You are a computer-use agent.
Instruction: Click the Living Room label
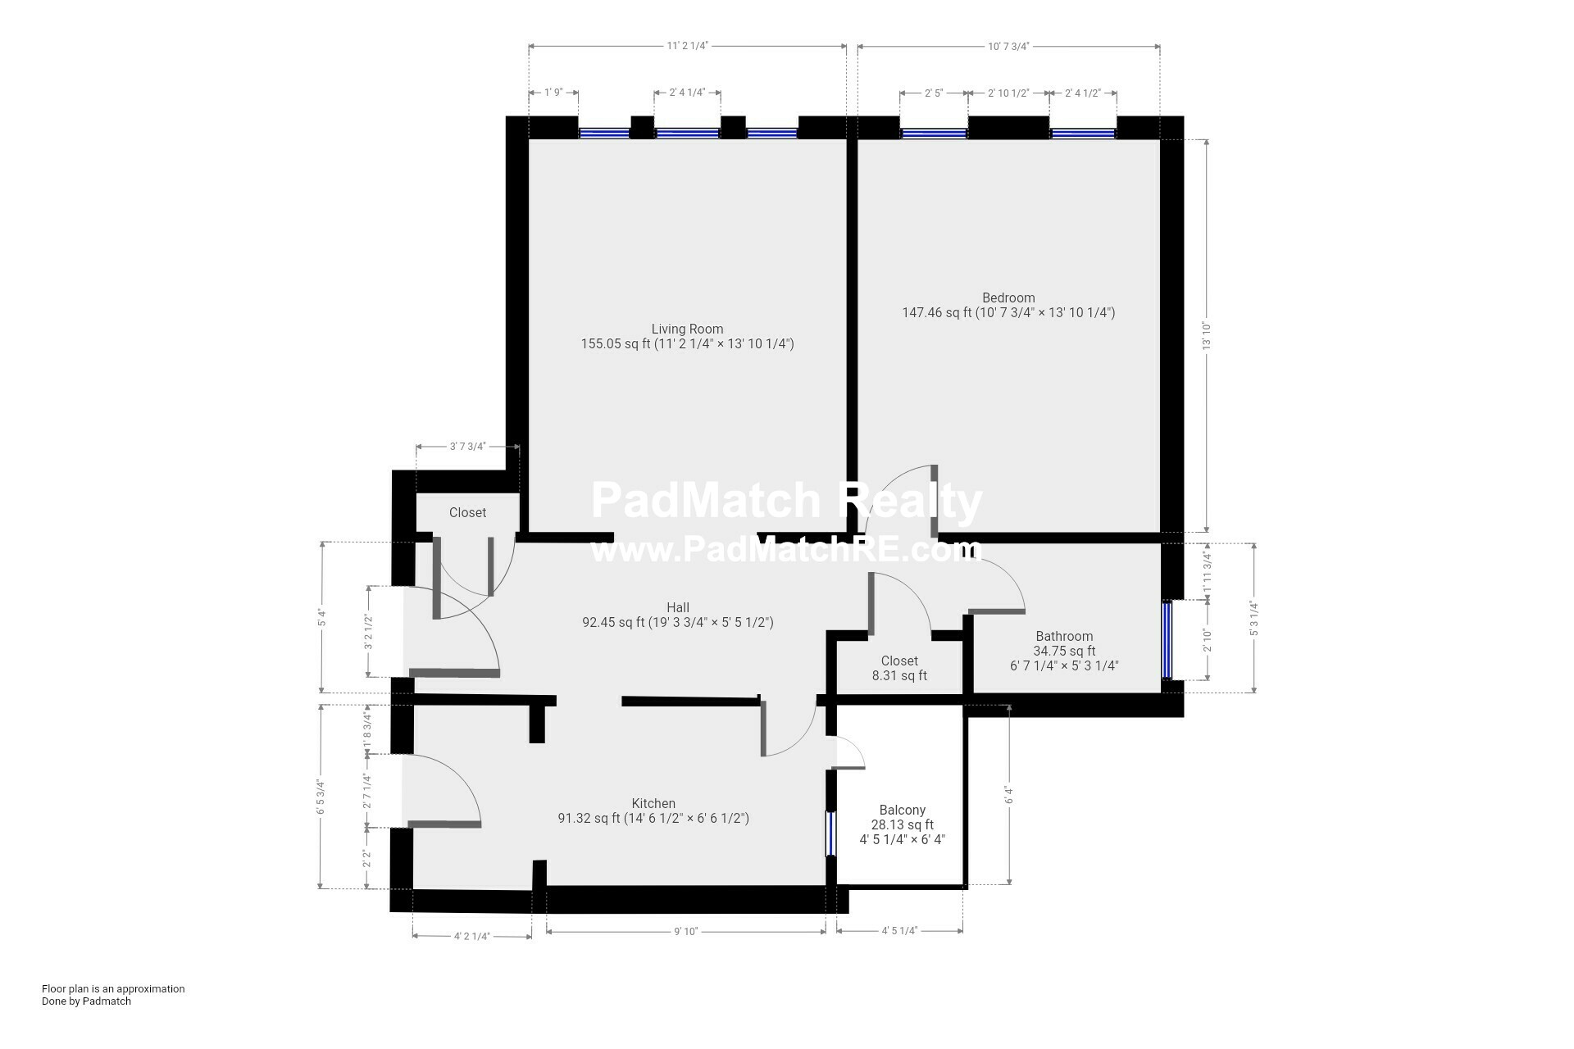(687, 329)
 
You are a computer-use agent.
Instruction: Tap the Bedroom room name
(1008, 297)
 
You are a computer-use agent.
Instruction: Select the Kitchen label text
(653, 803)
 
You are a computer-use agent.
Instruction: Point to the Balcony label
(902, 810)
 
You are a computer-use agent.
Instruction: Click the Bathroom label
(1064, 636)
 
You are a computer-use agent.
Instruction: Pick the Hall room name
(678, 607)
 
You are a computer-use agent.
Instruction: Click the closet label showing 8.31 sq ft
(899, 661)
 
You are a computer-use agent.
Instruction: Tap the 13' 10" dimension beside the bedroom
(1207, 336)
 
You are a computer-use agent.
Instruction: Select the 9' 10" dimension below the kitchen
(685, 931)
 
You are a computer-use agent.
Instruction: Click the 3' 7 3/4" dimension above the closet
(467, 447)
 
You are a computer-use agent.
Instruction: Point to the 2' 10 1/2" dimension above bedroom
(1008, 93)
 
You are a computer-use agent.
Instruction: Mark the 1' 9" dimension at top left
(553, 93)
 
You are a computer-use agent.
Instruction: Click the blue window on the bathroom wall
(1167, 641)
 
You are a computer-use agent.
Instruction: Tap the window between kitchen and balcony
(830, 833)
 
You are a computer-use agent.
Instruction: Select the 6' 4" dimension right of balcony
(1009, 796)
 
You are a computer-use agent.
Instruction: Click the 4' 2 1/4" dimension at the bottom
(471, 936)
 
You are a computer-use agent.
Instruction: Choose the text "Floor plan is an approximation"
(113, 988)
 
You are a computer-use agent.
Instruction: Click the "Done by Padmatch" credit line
(86, 1001)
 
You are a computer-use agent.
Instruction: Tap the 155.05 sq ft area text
(616, 344)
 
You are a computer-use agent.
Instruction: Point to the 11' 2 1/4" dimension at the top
(687, 47)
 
